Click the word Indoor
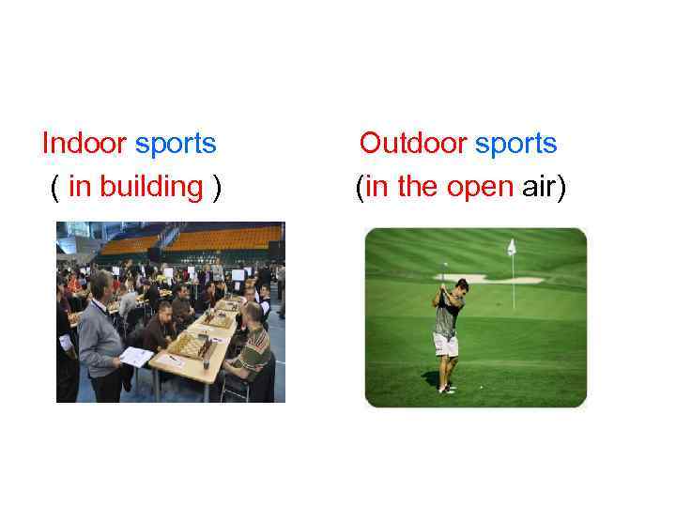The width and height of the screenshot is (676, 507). [84, 144]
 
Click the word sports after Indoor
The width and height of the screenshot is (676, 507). [176, 144]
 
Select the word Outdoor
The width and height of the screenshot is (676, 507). [412, 144]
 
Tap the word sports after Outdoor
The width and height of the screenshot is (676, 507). [515, 144]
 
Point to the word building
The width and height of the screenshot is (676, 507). [150, 186]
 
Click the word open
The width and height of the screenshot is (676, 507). [480, 186]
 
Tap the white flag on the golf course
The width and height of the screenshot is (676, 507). [512, 247]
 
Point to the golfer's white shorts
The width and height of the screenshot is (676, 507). [446, 344]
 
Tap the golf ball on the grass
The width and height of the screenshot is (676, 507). [482, 387]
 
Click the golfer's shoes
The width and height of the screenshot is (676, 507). [447, 388]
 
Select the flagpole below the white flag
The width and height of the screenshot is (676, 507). [513, 282]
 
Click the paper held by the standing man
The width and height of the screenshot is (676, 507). [137, 356]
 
